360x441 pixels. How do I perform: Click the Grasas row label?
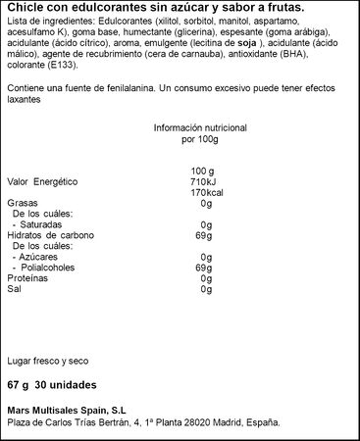[21, 204]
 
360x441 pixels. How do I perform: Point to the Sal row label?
[13, 289]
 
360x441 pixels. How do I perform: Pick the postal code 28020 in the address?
[213, 423]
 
